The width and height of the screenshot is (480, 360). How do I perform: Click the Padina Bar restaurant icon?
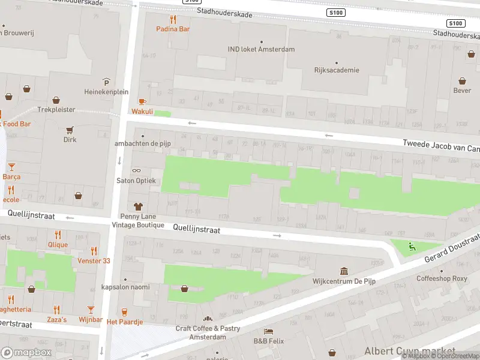[x=172, y=18]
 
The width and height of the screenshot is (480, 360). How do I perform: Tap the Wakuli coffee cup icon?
[x=142, y=101]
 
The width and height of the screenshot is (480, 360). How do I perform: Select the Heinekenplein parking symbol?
[x=106, y=82]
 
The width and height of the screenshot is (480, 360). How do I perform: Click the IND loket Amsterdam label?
[x=261, y=49]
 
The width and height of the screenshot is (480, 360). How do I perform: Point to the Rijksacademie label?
[x=337, y=70]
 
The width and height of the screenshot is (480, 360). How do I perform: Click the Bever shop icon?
[x=462, y=81]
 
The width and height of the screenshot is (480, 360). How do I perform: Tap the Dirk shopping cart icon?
[x=70, y=130]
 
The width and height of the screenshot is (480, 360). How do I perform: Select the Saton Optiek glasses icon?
[x=136, y=171]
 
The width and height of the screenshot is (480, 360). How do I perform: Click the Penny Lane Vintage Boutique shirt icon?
[x=137, y=206]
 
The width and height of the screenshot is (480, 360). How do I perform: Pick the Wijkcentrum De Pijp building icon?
[x=344, y=271]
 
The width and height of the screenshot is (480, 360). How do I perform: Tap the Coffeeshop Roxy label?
[x=442, y=278]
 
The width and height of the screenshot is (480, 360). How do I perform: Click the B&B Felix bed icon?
[x=268, y=331]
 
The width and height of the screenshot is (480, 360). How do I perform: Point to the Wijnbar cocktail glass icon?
[x=91, y=310]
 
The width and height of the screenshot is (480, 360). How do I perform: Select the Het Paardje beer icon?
[x=125, y=312]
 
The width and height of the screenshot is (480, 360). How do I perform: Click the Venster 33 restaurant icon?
[x=94, y=251]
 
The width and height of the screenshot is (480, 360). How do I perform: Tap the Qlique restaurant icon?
[x=58, y=235]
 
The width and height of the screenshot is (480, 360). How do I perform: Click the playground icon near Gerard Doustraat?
[x=411, y=245]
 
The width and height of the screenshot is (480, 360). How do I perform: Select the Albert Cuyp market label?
[x=409, y=350]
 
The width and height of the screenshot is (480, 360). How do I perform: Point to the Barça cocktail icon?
[x=11, y=166]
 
